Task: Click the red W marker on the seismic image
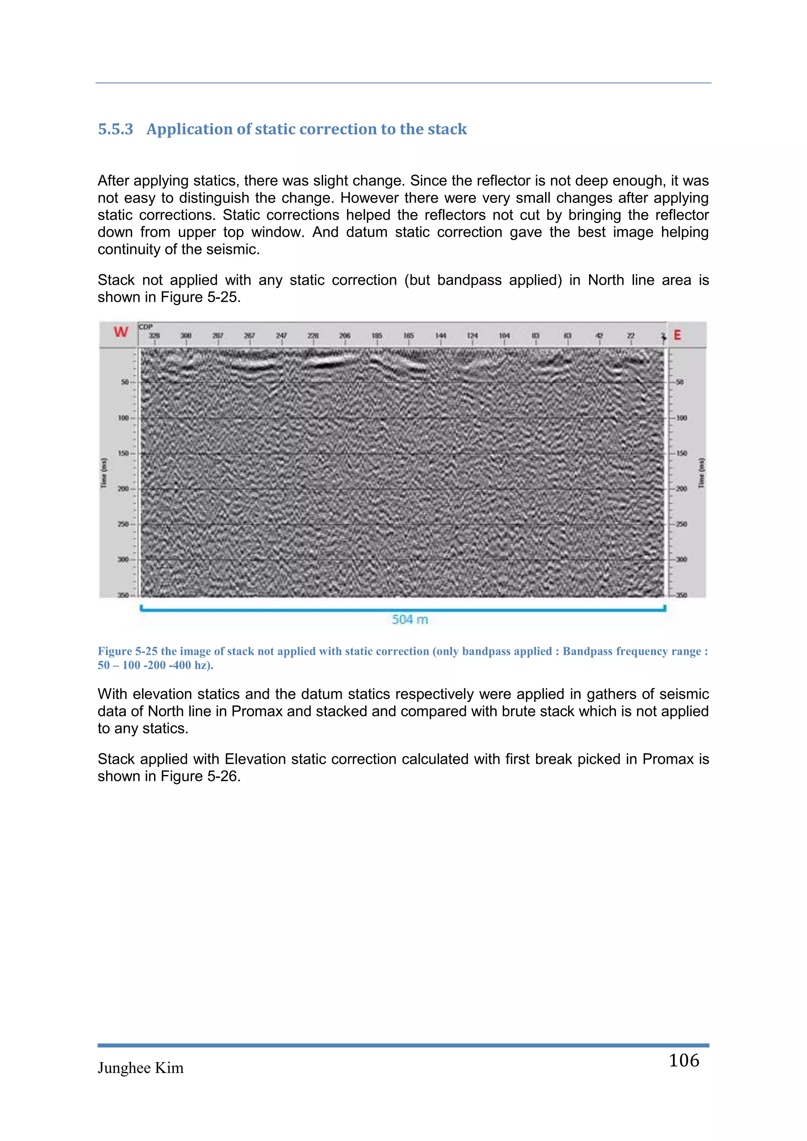click(x=121, y=332)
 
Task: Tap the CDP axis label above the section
click(x=145, y=327)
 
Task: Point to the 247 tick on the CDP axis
click(x=281, y=336)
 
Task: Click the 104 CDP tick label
click(x=504, y=336)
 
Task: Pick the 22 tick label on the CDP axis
click(x=630, y=336)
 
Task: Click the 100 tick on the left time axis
click(x=123, y=418)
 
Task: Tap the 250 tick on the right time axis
click(x=681, y=524)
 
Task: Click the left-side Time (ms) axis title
click(x=104, y=473)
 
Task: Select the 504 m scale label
click(x=409, y=620)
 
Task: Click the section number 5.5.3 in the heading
click(x=115, y=129)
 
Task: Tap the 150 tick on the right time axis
click(x=681, y=453)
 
